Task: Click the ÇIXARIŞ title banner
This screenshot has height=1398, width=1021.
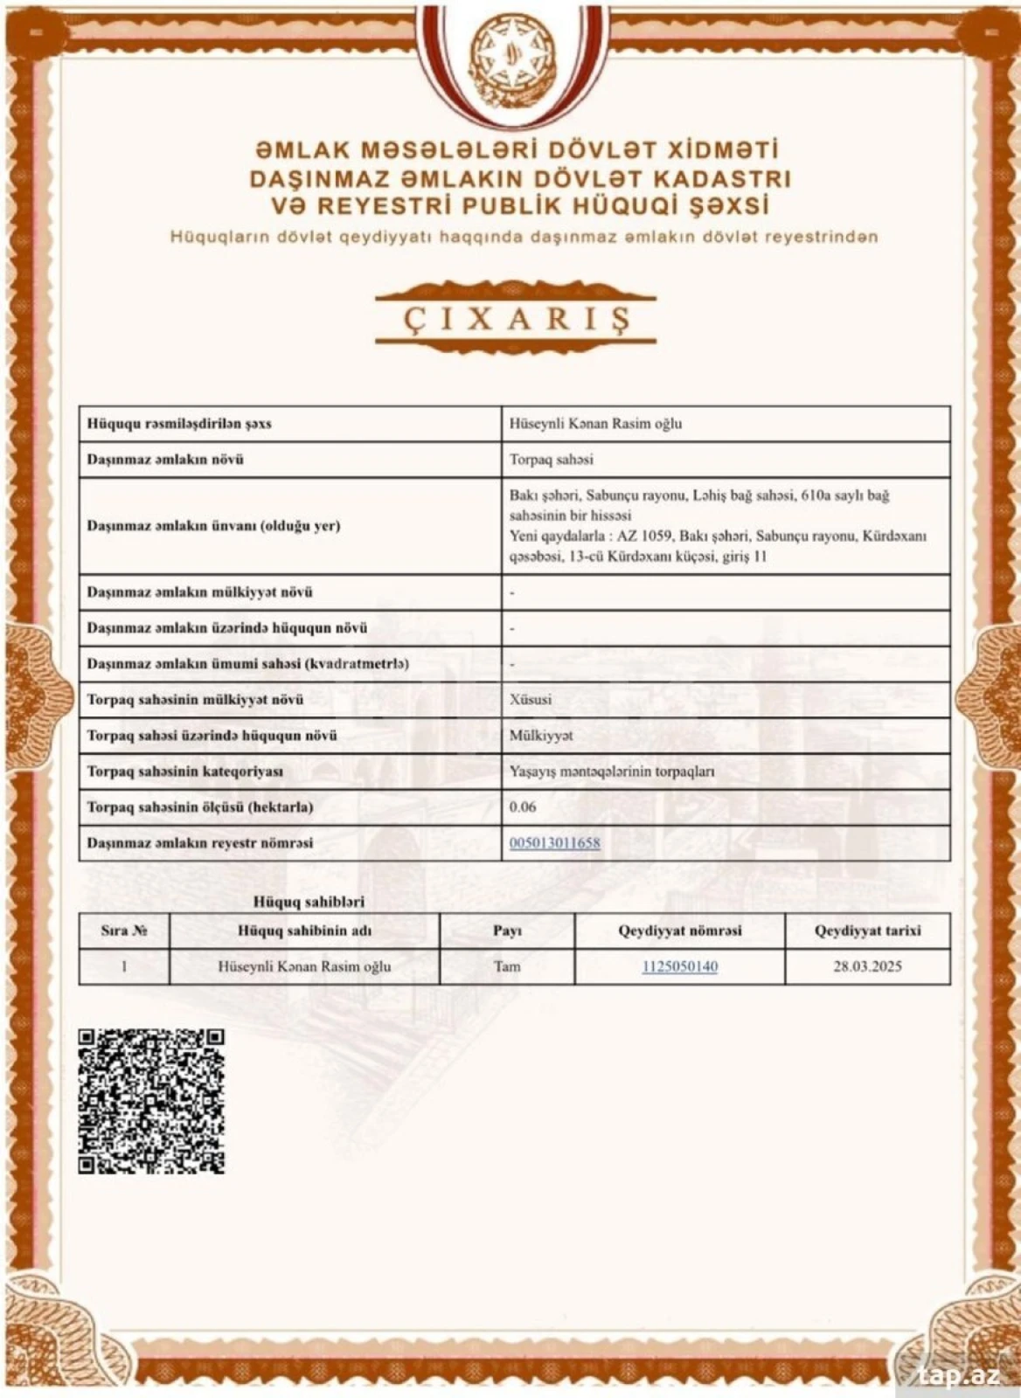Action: [x=515, y=318]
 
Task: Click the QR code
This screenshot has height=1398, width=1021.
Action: [x=151, y=1101]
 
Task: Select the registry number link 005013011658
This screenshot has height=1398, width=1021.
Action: [x=554, y=843]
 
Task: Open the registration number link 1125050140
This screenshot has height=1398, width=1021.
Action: [x=679, y=966]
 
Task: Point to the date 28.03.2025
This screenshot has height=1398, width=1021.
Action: [x=867, y=966]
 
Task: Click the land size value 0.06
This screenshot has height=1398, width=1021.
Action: [x=523, y=806]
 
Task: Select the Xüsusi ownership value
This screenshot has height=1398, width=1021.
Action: [x=531, y=699]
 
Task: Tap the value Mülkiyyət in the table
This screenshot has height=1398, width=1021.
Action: [x=541, y=736]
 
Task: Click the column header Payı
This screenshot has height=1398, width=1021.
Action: [x=507, y=931]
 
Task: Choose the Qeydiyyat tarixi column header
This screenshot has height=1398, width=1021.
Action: [x=867, y=931]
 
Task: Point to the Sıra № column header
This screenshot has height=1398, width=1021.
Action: [x=123, y=931]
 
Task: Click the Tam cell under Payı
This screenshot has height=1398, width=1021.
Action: [x=507, y=966]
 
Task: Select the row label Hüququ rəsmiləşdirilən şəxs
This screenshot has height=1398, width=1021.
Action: [x=179, y=424]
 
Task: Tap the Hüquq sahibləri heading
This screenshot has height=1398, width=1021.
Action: [x=309, y=901]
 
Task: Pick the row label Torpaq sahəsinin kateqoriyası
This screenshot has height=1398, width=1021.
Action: [x=184, y=772]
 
